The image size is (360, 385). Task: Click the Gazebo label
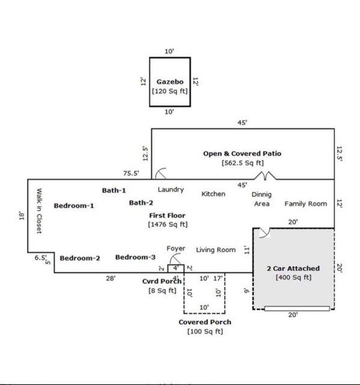point(170,82)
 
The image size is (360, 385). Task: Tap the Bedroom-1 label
point(74,206)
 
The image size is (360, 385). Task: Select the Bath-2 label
point(141,203)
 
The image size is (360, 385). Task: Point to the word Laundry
point(171,189)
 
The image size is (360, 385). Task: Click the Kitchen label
point(213,194)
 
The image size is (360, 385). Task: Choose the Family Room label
point(306,204)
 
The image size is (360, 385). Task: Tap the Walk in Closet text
point(39,211)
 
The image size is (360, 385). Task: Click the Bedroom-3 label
point(135,257)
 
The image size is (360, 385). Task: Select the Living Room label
point(216,250)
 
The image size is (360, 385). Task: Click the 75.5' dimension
point(131,173)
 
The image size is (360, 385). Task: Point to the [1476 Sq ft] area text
point(168,224)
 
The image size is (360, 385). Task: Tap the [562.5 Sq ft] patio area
point(243,163)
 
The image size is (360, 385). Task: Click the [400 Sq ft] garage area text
point(293,277)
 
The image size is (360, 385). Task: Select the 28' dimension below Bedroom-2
point(111,279)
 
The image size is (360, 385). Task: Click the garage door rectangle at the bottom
point(297,309)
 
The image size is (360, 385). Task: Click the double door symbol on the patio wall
point(265,176)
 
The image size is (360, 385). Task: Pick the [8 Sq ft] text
point(163,291)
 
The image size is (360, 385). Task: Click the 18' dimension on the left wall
point(22,216)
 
